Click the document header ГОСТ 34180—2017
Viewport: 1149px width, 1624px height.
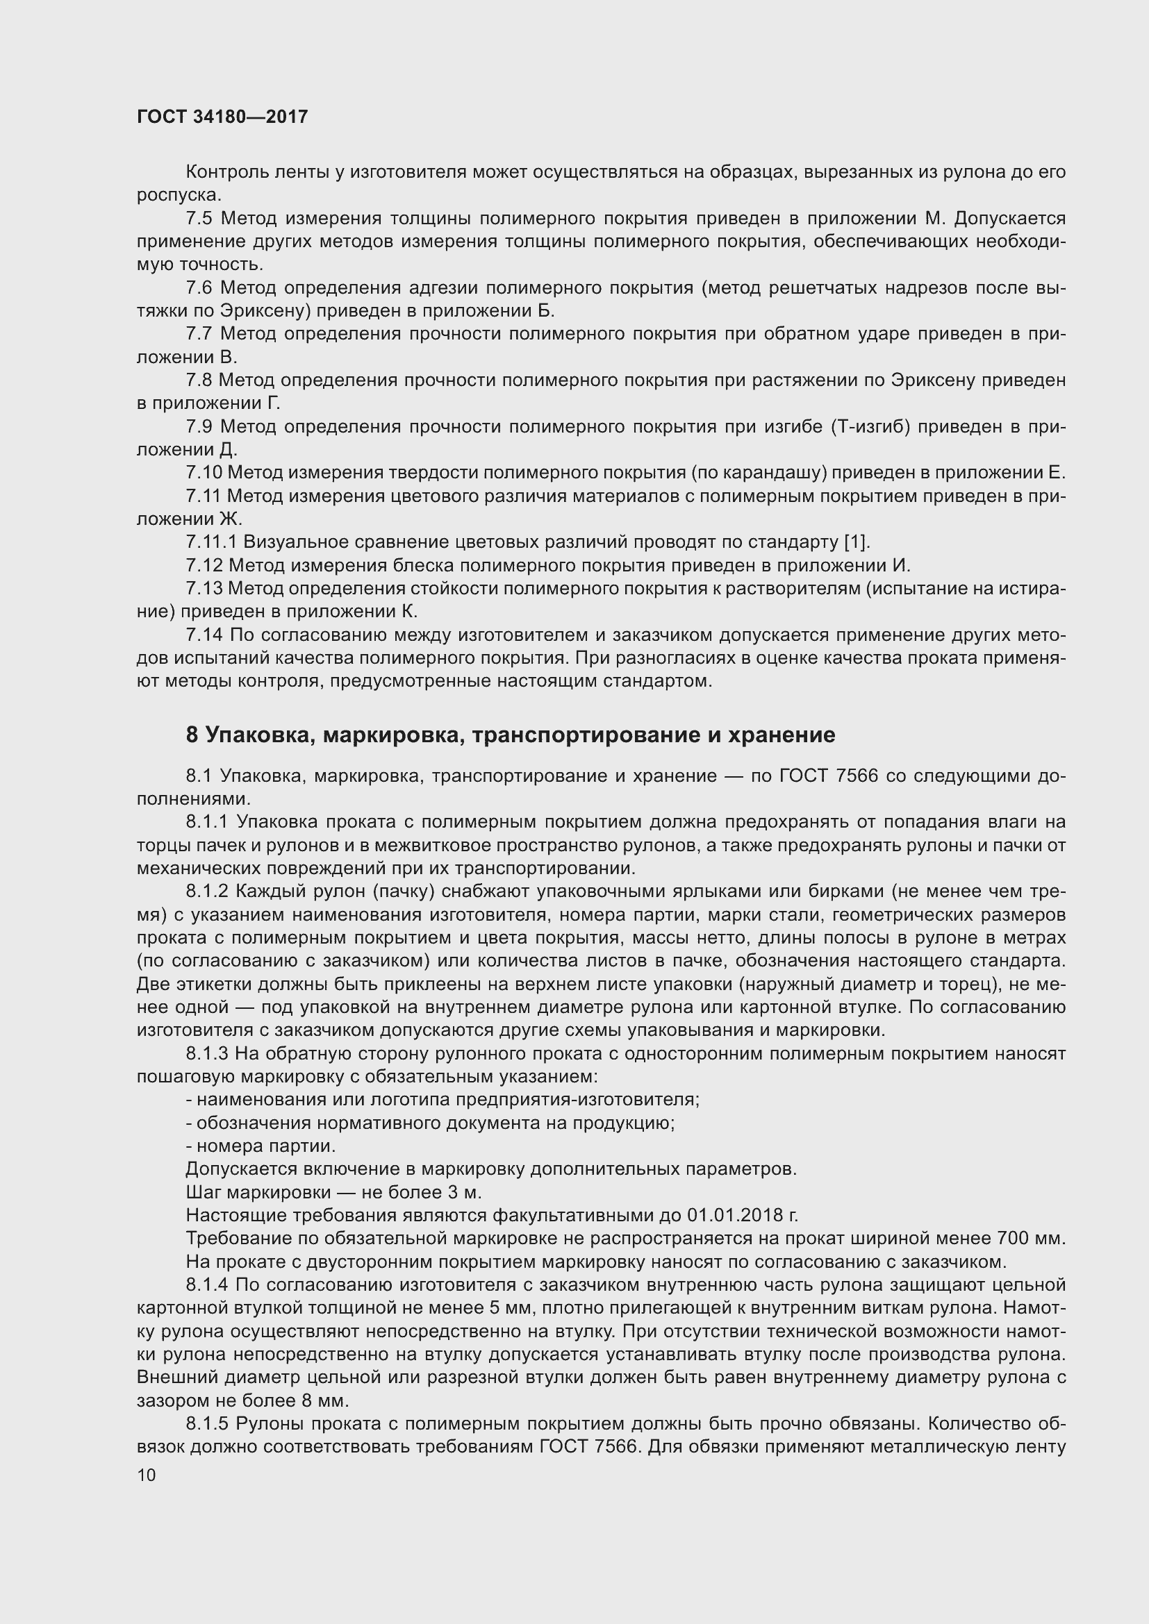pyautogui.click(x=222, y=117)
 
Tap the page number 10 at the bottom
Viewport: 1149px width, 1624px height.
pyautogui.click(x=147, y=1475)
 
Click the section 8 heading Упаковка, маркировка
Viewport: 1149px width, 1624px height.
pyautogui.click(x=510, y=735)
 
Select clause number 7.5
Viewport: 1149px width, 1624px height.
pyautogui.click(x=199, y=219)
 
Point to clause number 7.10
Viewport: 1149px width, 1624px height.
pyautogui.click(x=204, y=473)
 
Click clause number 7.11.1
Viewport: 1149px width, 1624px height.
pyautogui.click(x=212, y=542)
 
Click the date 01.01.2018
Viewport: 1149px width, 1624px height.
pyautogui.click(x=740, y=1216)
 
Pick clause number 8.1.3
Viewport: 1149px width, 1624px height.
pyautogui.click(x=206, y=1054)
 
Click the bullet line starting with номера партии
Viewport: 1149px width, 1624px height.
pyautogui.click(x=261, y=1146)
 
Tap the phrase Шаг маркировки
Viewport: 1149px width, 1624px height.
pyautogui.click(x=258, y=1193)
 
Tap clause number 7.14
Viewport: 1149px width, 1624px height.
pyautogui.click(x=204, y=635)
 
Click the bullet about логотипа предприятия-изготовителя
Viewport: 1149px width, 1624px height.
pyautogui.click(x=443, y=1100)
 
